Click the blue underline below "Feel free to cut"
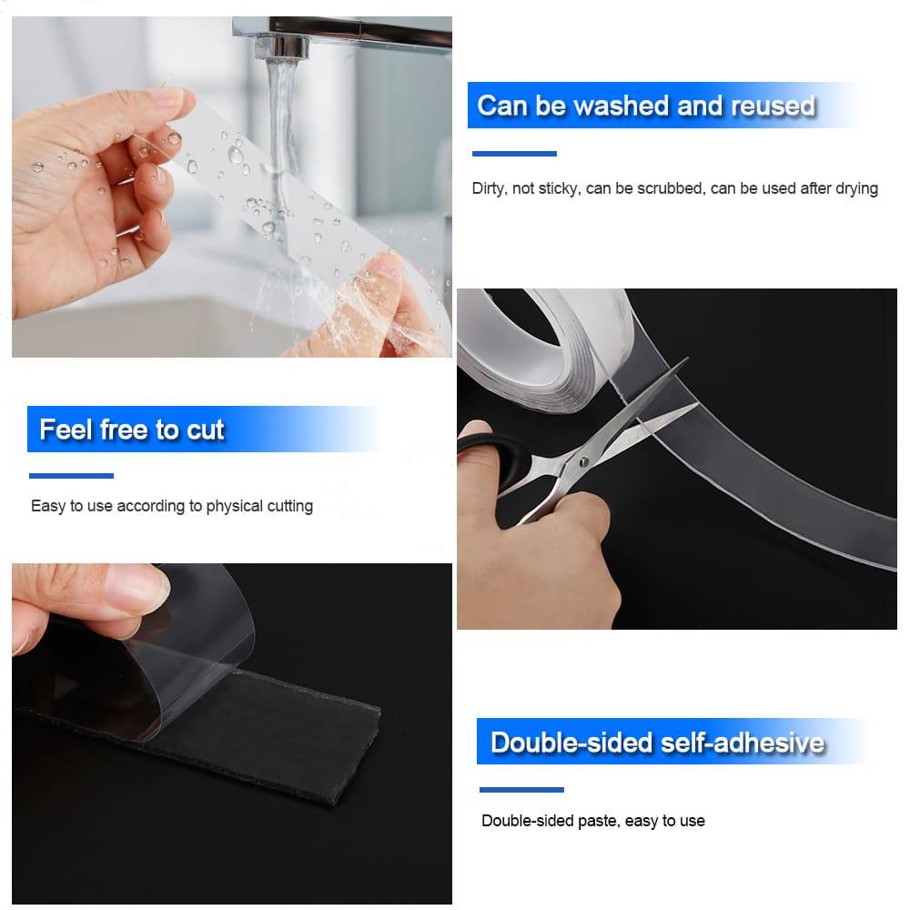pos(71,475)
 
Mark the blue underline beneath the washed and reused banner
pos(514,154)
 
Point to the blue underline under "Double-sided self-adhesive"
pos(521,789)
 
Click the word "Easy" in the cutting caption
pos(47,506)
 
